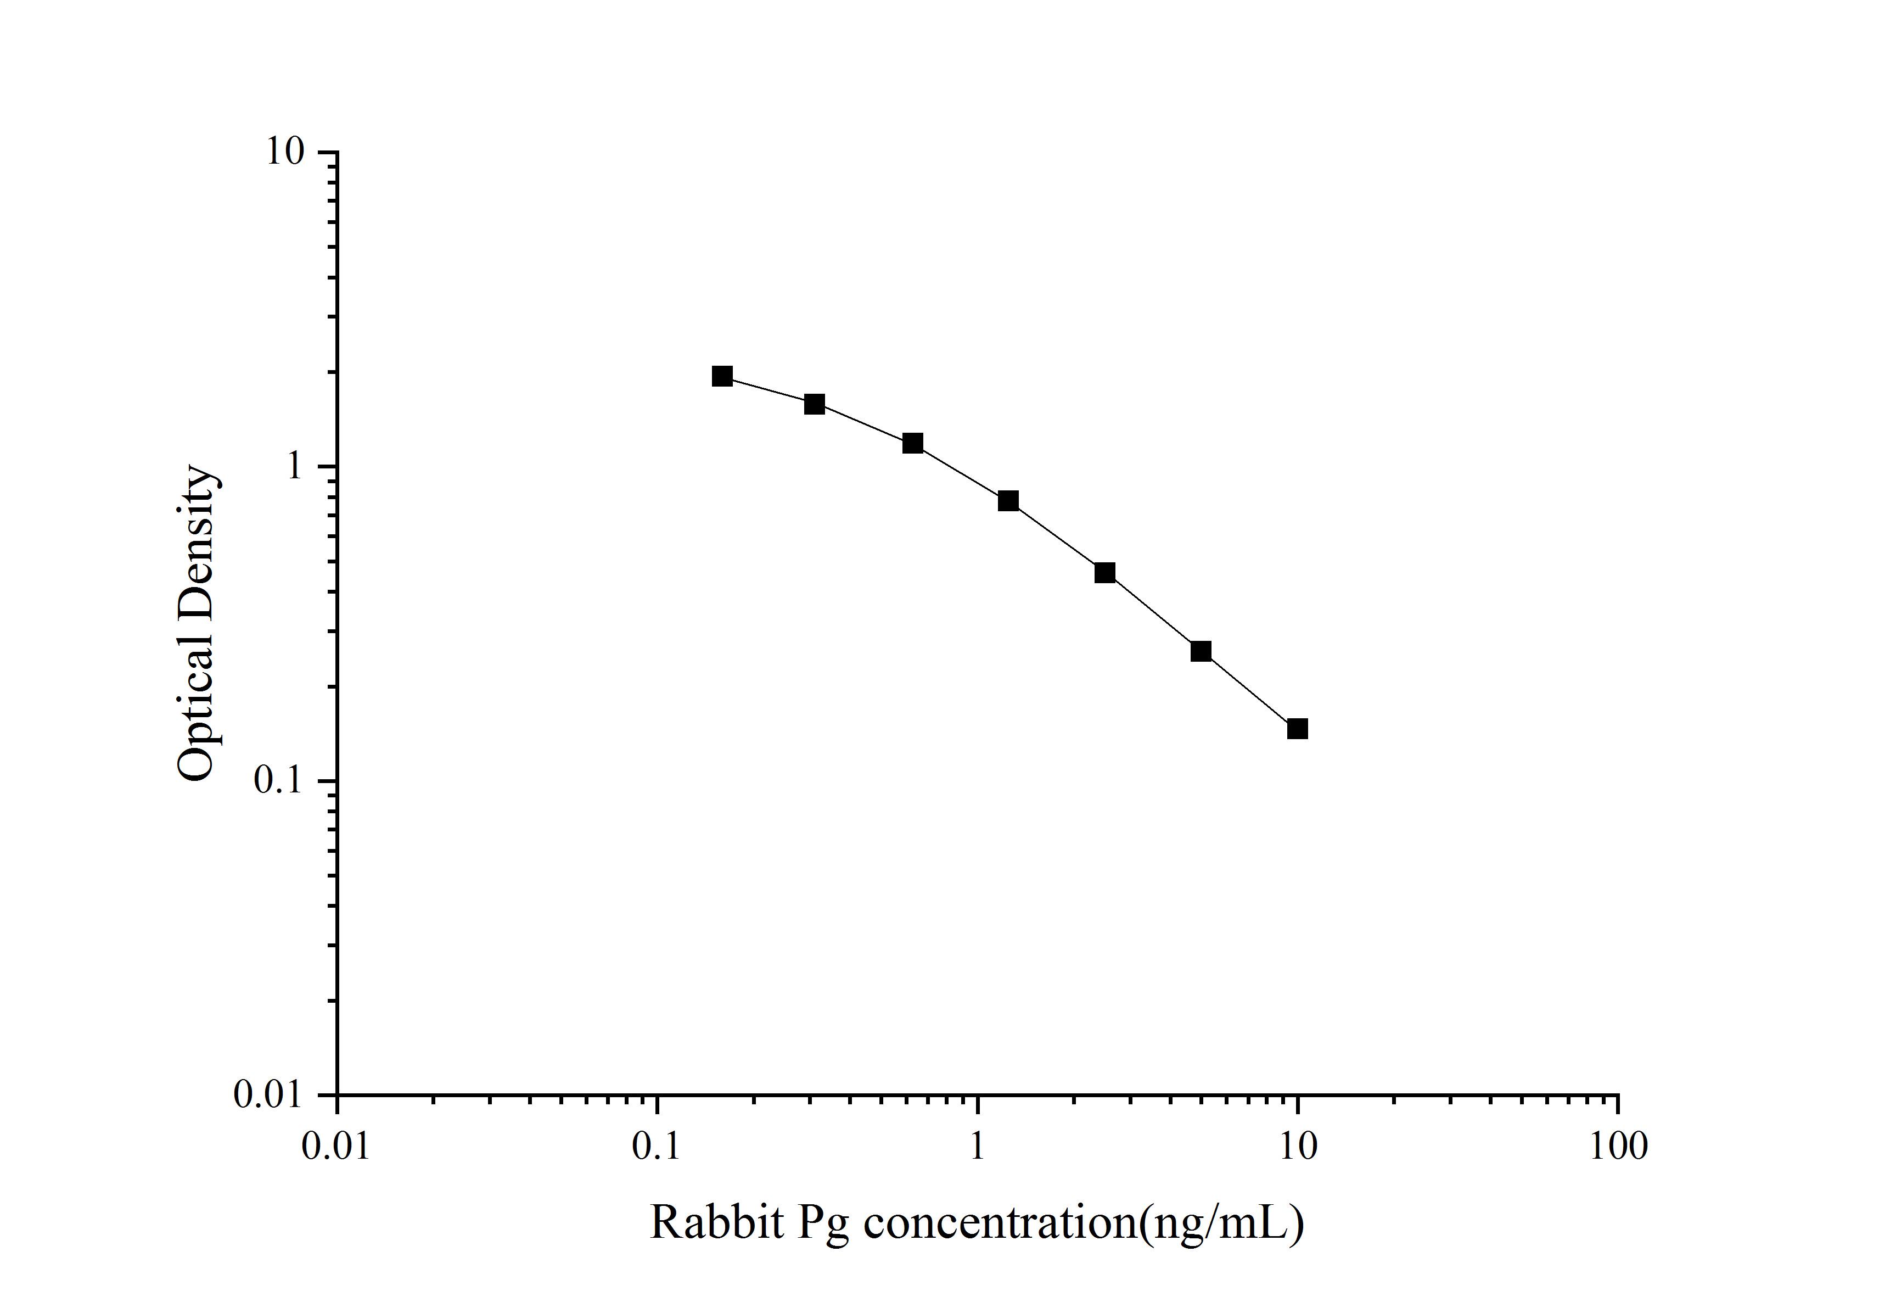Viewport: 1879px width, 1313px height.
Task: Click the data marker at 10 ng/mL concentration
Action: pyautogui.click(x=1297, y=729)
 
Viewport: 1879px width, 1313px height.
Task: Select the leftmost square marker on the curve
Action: pyautogui.click(x=722, y=376)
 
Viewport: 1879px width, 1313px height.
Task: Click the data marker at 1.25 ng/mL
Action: pyautogui.click(x=1008, y=501)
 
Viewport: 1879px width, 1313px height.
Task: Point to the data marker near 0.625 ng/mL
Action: pyautogui.click(x=912, y=443)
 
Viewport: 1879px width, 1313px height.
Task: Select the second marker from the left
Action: pyautogui.click(x=814, y=404)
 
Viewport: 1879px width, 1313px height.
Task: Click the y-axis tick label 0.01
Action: pyautogui.click(x=268, y=1094)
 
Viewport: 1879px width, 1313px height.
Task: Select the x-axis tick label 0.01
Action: pyautogui.click(x=335, y=1146)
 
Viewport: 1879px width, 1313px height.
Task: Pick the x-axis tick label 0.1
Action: pyautogui.click(x=657, y=1146)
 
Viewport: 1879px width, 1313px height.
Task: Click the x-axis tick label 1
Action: pyautogui.click(x=977, y=1146)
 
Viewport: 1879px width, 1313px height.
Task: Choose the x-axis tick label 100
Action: pyautogui.click(x=1618, y=1146)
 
